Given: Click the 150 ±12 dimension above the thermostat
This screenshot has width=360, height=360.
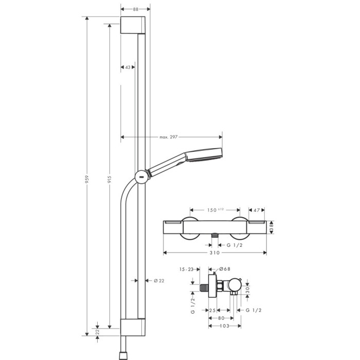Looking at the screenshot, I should click(x=215, y=210).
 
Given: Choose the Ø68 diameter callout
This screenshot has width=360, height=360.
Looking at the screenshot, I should click(x=225, y=269).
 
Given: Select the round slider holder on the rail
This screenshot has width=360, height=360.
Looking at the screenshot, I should click(x=140, y=176).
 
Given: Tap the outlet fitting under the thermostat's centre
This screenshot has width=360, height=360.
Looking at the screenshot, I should click(x=215, y=235).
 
